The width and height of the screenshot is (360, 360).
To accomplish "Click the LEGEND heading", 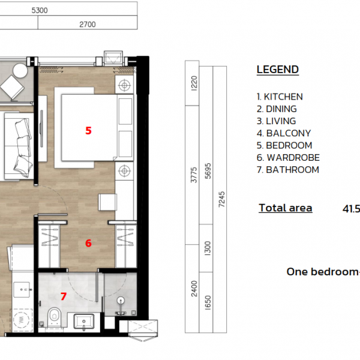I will point(277,70).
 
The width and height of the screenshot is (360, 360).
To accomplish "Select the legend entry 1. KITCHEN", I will point(280,97).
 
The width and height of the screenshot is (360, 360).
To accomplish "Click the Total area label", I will point(285,208).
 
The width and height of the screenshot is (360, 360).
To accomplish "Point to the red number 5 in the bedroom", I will point(88,130).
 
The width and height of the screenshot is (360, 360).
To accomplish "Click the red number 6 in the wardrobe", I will point(88,243).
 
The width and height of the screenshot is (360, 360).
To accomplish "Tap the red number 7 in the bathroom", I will point(64,296).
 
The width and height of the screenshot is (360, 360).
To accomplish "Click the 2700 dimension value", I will point(88,25).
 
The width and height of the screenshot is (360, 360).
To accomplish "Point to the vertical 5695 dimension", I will point(207,174).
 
